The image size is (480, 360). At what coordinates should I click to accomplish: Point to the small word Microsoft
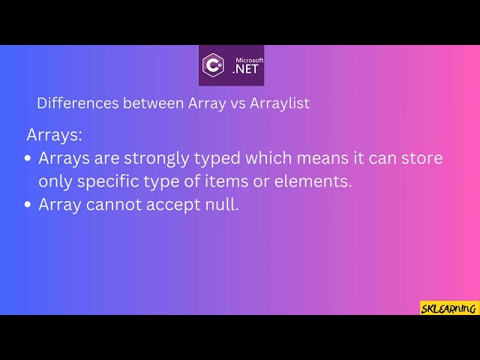click(x=249, y=60)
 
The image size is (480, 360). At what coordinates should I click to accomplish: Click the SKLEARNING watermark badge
click(x=449, y=307)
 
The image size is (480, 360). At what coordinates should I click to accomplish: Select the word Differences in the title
click(x=73, y=103)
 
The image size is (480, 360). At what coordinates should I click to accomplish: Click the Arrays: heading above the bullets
click(x=55, y=136)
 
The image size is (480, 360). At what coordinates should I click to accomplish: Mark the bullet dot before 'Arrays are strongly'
click(x=28, y=159)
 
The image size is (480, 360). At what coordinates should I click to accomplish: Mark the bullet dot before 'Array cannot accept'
click(x=28, y=205)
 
